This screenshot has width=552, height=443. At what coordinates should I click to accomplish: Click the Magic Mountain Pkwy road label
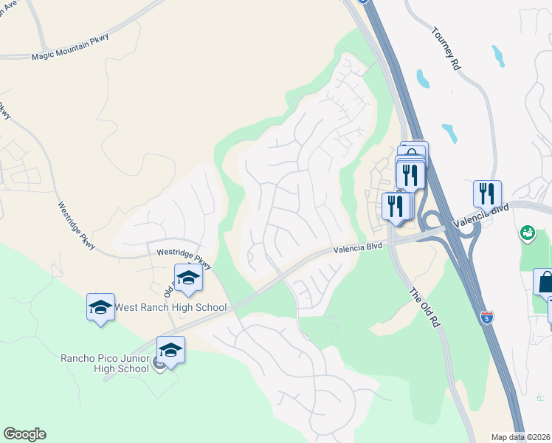click(70, 56)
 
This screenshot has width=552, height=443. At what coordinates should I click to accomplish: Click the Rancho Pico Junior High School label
click(105, 364)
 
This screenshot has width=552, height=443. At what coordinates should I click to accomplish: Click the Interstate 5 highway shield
click(486, 318)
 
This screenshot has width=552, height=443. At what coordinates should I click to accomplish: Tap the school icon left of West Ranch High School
click(100, 307)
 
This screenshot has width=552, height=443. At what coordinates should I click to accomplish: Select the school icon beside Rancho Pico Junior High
click(170, 351)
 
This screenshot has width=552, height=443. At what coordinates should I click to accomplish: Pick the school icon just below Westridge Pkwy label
click(188, 278)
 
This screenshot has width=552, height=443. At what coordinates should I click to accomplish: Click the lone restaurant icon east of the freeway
click(487, 193)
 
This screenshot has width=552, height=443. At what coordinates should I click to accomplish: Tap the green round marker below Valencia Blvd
click(528, 233)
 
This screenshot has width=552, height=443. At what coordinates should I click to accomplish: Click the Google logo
click(24, 434)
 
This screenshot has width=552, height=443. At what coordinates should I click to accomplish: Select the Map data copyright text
click(521, 437)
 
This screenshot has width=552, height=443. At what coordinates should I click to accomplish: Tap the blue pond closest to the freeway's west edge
click(423, 78)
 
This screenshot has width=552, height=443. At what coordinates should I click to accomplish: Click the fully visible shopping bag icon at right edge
click(546, 283)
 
